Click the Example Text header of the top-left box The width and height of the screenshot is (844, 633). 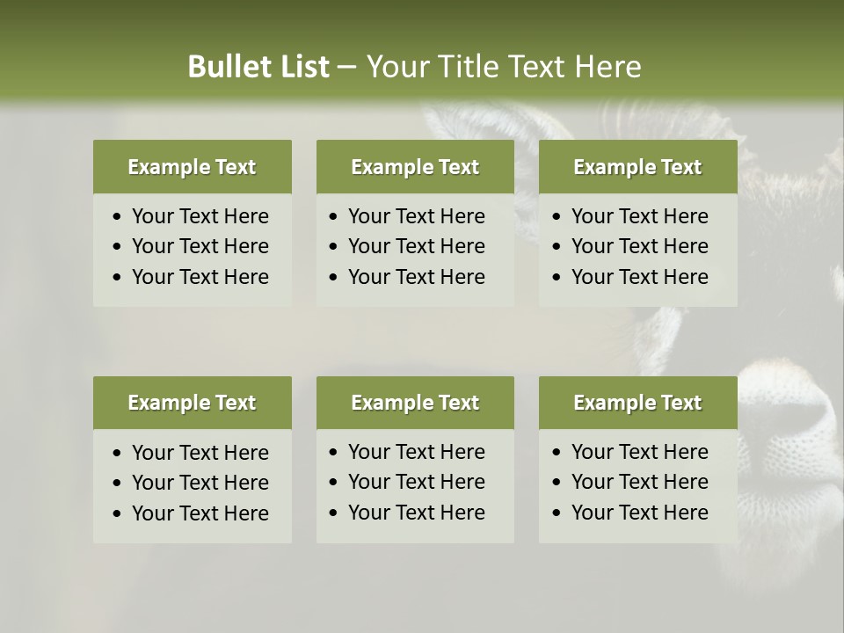[192, 167]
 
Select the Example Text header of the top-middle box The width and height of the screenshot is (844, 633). [415, 167]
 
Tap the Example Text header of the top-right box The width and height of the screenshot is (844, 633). [637, 167]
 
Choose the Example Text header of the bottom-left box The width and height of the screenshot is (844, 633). [192, 403]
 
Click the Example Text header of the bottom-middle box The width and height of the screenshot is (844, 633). [415, 403]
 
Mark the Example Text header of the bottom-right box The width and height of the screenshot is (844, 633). [637, 403]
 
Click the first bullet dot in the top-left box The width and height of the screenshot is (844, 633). [118, 217]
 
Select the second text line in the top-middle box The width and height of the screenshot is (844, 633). [416, 246]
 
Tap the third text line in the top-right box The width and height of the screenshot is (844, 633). [639, 277]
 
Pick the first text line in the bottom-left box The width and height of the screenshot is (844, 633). [200, 453]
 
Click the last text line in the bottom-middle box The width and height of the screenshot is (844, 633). [416, 513]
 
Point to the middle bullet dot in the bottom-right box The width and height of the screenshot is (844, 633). [557, 483]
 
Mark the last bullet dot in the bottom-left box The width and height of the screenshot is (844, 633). [118, 514]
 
